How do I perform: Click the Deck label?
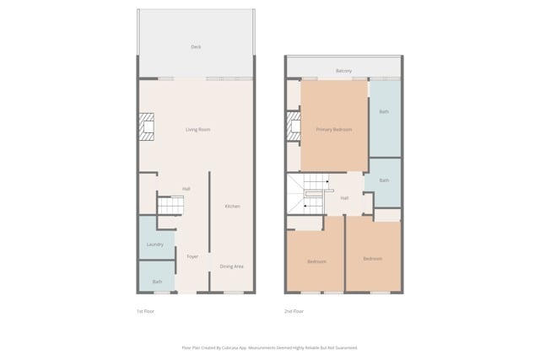(196, 47)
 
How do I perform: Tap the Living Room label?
(198, 130)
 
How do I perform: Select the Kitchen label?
(232, 207)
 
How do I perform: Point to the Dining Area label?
(232, 266)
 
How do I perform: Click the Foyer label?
(192, 256)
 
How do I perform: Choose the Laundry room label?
(155, 244)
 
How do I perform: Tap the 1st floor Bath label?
(157, 282)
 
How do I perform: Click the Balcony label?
(343, 71)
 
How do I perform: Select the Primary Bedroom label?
(334, 130)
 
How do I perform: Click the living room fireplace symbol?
(148, 126)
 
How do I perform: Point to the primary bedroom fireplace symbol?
(294, 127)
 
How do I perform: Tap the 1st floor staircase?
(170, 205)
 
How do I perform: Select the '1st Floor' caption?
(145, 311)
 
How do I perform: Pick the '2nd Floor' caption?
(294, 311)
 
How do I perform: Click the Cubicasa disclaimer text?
(269, 347)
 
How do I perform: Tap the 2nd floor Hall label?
(344, 198)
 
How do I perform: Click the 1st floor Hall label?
(186, 189)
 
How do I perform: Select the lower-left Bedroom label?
(316, 261)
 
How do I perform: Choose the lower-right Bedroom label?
(372, 259)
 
